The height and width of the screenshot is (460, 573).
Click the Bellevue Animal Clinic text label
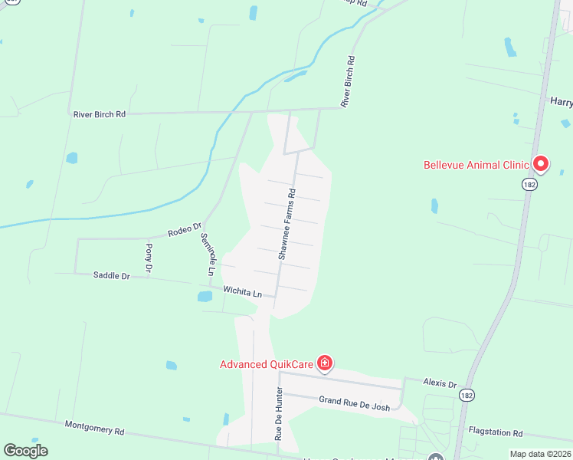tap(476, 165)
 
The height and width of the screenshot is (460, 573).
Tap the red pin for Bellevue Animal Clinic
tap(541, 163)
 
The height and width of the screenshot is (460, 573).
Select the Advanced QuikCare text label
tap(266, 364)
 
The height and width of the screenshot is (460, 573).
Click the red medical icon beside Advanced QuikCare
tap(325, 363)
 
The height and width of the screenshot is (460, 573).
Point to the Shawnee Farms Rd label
tap(286, 224)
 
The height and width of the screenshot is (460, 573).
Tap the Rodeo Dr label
tap(185, 229)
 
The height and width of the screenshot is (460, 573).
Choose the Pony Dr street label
tap(149, 258)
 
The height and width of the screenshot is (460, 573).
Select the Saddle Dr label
tap(111, 275)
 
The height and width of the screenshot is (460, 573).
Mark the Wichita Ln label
tap(242, 292)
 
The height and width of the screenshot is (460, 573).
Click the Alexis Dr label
tap(440, 383)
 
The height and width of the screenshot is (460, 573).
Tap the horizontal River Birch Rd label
tap(99, 114)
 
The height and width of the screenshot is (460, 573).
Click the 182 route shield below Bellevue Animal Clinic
tap(530, 185)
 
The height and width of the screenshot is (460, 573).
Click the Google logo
tap(25, 451)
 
